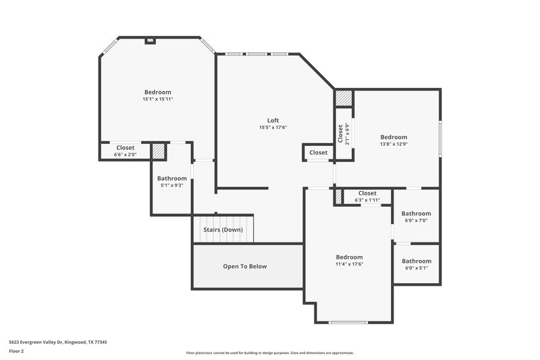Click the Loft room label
(273, 120)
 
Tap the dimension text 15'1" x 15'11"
(157, 99)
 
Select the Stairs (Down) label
(223, 230)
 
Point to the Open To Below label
(245, 266)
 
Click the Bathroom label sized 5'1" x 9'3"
(172, 178)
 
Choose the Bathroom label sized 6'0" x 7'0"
(416, 213)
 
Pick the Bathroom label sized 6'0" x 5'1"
(416, 261)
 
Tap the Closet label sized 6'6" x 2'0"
(126, 147)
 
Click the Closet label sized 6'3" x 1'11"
(367, 193)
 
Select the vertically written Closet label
(340, 133)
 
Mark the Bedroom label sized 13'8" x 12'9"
(394, 137)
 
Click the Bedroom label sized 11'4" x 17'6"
(350, 257)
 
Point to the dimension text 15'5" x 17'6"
(273, 127)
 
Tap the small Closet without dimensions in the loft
(319, 153)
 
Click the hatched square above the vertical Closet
(344, 98)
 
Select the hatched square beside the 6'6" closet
(158, 151)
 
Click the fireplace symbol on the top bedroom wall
(150, 41)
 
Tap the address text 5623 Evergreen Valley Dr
(58, 342)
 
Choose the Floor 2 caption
(17, 351)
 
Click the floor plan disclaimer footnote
(270, 353)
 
